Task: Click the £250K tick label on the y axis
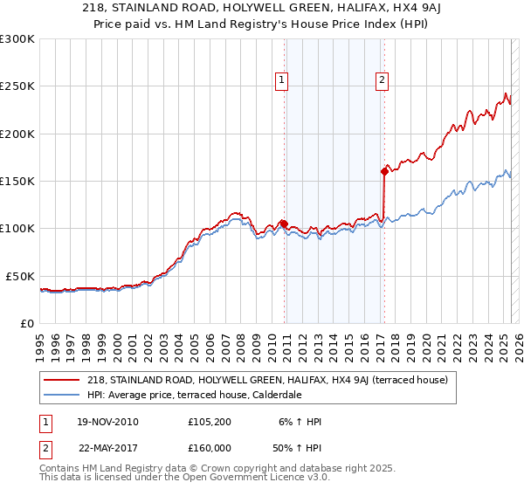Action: pyautogui.click(x=17, y=86)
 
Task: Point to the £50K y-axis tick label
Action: pyautogui.click(x=20, y=276)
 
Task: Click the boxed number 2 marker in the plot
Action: pyautogui.click(x=383, y=81)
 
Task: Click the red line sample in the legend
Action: pyautogui.click(x=62, y=380)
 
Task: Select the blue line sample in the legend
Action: pyautogui.click(x=62, y=394)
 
